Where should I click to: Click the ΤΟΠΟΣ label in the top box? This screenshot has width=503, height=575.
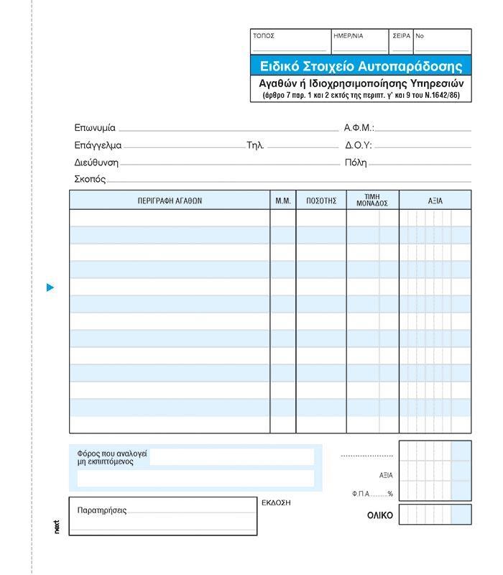coord(264,36)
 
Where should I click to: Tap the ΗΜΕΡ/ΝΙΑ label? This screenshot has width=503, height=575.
coord(349,36)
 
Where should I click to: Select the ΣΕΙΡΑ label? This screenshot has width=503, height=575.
coord(401,36)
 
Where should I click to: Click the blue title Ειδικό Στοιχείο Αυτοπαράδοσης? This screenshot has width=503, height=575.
coord(361,66)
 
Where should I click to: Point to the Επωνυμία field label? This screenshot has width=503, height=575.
coord(95,128)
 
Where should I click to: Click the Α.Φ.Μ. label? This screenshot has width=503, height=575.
coord(359,128)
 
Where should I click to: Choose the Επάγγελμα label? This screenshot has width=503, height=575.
coord(98,145)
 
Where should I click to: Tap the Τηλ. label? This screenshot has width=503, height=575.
coord(255,145)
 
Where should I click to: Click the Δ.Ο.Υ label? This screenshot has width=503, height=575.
coord(358,145)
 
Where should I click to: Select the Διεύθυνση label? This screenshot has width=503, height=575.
coord(96,162)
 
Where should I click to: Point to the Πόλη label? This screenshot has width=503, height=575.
coord(356,162)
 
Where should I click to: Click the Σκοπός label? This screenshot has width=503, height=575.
coord(90,179)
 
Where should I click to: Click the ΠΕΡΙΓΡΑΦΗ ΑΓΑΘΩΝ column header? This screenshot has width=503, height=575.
coord(170,201)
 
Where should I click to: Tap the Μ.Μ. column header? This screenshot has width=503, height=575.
coord(283,201)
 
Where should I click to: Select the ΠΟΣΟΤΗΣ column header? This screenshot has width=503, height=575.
coord(321,201)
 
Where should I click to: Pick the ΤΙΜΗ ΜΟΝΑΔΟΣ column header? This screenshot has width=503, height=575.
coord(372,200)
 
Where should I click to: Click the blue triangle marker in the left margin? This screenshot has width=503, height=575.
coord(50,287)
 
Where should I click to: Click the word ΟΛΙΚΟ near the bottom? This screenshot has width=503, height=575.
coord(380,515)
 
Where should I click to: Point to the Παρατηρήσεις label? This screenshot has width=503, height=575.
coord(101,510)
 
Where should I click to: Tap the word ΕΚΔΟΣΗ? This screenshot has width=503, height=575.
coord(276,503)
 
